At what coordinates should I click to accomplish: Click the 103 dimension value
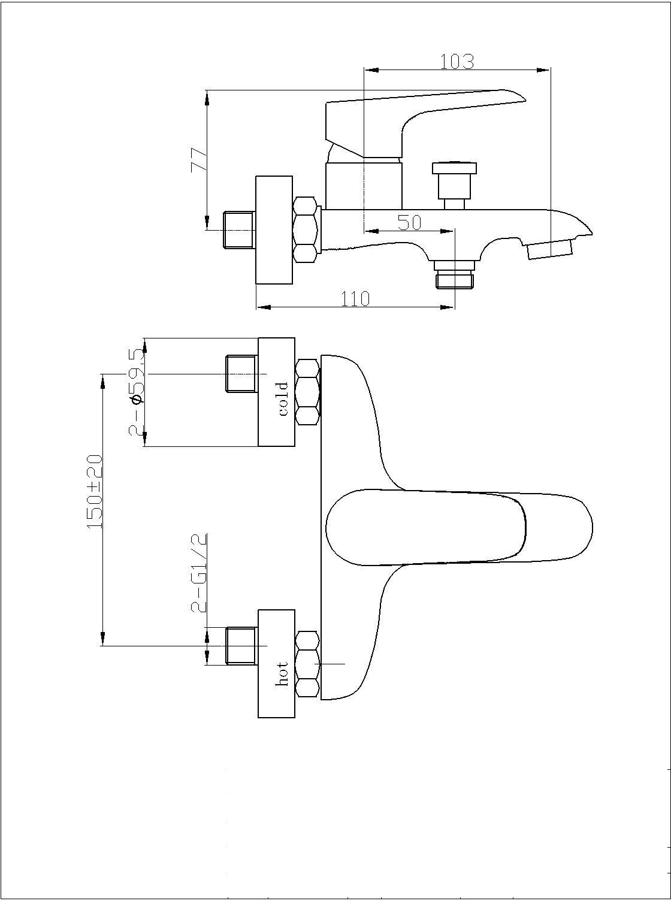pos(457,61)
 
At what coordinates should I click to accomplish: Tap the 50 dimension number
pos(410,222)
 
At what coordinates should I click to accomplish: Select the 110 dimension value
pos(355,298)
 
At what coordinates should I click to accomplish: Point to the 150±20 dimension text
pos(95,491)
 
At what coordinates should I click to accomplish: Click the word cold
pos(283,398)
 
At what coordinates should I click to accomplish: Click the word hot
pos(283,673)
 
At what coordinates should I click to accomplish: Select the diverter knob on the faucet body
pos(455,180)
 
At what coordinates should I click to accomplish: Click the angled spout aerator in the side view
pos(550,249)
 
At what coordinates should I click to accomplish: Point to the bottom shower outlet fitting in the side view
pos(455,274)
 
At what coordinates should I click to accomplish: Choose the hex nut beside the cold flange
pos(308,392)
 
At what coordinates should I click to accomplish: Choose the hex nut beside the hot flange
pos(308,663)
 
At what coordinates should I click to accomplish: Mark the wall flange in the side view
pos(274,229)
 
